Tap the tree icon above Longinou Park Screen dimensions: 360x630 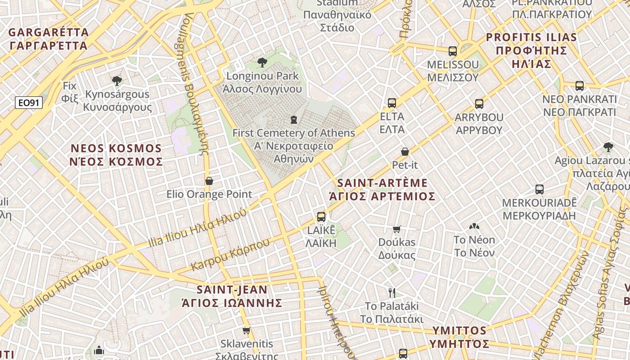[x=262, y=63]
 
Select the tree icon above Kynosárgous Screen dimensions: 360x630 [x=117, y=81]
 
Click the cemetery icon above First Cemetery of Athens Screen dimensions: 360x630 [x=294, y=120]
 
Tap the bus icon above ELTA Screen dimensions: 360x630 [x=392, y=103]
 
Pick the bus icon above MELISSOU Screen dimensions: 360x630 [x=453, y=51]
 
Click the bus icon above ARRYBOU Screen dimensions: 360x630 [x=479, y=104]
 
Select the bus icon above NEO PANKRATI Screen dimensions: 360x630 [x=580, y=85]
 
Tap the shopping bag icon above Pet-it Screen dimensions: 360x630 [x=405, y=152]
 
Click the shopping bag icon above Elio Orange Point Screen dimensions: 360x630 [x=209, y=181]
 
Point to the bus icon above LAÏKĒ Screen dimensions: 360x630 [x=321, y=217]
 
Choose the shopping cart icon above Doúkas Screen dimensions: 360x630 [x=396, y=229]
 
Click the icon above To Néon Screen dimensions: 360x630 [x=474, y=227]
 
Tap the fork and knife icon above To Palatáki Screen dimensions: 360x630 [x=392, y=293]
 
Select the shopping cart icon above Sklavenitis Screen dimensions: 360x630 [x=246, y=331]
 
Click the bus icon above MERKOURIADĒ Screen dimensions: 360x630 [x=540, y=189]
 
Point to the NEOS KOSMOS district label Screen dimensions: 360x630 [x=116, y=155]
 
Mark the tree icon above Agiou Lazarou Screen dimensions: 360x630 [x=608, y=147]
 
